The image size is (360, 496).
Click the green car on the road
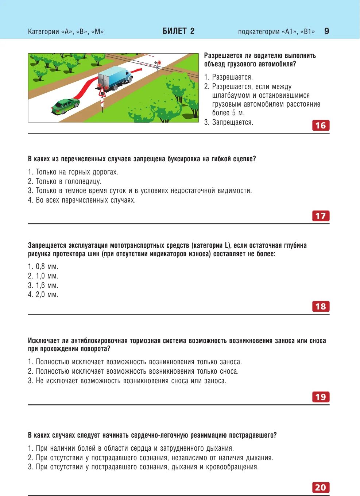(66, 105)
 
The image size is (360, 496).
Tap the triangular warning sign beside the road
(102, 92)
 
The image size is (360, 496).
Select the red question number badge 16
(321, 126)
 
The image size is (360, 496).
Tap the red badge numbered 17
(321, 216)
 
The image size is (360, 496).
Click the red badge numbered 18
(321, 307)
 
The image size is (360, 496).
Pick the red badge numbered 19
(321, 397)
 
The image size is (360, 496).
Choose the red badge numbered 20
(321, 488)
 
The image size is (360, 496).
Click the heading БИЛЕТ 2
(178, 31)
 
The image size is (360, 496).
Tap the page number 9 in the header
(326, 31)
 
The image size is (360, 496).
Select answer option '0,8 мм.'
(47, 267)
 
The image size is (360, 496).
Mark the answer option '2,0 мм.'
(47, 295)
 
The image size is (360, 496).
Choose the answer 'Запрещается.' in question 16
(232, 123)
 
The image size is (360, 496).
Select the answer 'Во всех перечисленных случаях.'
(85, 200)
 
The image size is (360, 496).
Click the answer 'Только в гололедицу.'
(69, 182)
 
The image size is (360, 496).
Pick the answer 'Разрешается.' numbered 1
(232, 77)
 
